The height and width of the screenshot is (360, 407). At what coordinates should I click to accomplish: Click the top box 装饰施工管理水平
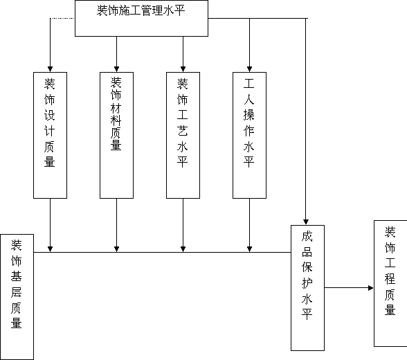tap(141, 18)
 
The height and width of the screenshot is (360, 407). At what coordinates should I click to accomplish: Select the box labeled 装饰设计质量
tap(50, 135)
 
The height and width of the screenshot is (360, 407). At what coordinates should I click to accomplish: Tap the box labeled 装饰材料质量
tap(116, 135)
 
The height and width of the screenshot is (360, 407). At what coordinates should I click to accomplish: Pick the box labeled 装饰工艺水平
tap(183, 135)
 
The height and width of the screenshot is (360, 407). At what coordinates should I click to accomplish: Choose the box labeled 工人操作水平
tap(249, 135)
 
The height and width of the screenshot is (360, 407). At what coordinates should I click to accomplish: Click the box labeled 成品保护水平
tap(307, 288)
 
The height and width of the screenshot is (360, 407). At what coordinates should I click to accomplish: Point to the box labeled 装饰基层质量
tap(17, 297)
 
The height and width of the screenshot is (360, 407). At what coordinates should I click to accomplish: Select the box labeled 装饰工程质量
tap(390, 283)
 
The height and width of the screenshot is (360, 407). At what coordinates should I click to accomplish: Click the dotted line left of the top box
tap(62, 19)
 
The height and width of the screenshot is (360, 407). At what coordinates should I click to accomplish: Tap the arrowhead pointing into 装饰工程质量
tap(371, 288)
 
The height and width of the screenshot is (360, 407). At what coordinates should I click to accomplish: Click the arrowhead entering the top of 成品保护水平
tap(306, 222)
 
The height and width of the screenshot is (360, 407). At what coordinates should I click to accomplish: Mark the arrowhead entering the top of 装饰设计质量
tap(50, 69)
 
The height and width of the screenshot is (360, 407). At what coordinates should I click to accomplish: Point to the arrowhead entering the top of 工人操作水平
tap(249, 69)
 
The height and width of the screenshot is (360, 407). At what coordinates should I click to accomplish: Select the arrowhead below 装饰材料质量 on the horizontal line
tap(116, 249)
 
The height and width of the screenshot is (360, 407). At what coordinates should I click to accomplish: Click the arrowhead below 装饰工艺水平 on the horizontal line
tap(183, 249)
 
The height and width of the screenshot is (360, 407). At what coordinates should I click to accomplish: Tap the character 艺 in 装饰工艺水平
tap(183, 131)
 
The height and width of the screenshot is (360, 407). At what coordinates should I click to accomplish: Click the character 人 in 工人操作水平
tap(249, 100)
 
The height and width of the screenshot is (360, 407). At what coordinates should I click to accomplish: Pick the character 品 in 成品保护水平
tap(307, 252)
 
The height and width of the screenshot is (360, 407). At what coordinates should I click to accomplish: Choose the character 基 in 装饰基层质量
tap(16, 276)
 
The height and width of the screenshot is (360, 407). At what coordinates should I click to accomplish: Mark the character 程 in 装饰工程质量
tap(390, 279)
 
